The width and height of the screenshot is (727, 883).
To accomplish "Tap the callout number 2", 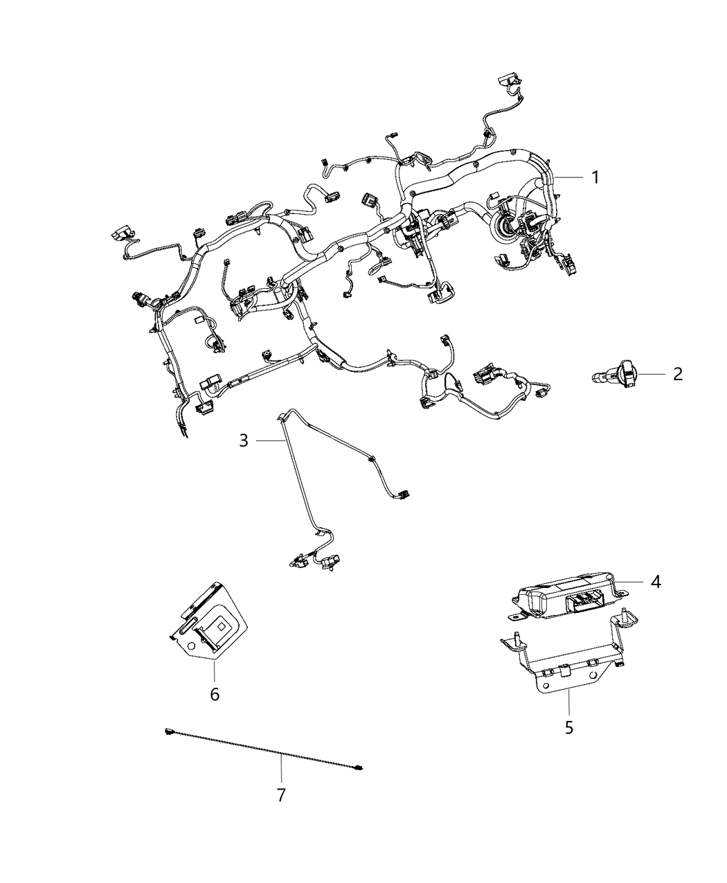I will pos(677,374).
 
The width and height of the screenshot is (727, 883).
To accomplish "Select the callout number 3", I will pos(243,440).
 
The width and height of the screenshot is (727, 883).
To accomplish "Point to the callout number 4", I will pos(654,582).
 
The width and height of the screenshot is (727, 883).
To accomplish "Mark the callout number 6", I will pos(215,693).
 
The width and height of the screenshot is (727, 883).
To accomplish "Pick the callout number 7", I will pos(281,796).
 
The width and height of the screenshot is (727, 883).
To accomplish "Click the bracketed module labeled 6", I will pos(208,620).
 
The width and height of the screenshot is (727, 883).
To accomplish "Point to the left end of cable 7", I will pos(169,731).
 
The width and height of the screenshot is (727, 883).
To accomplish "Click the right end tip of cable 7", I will pos(359,767).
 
